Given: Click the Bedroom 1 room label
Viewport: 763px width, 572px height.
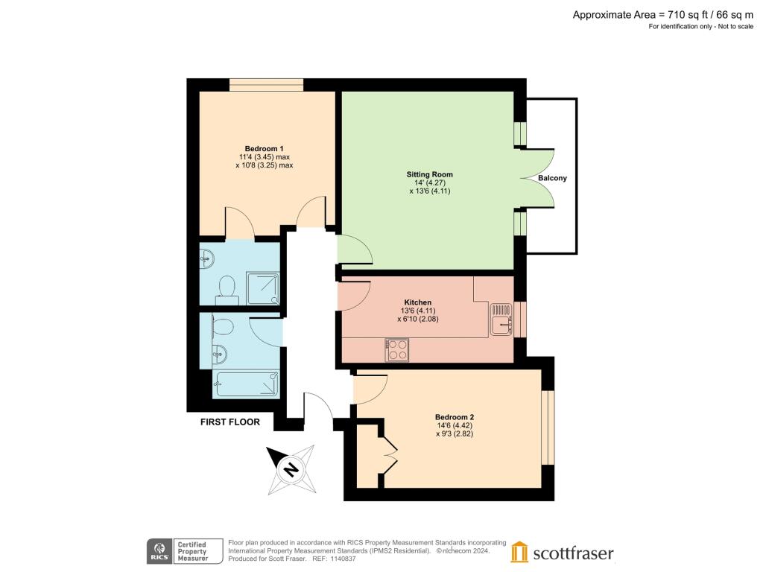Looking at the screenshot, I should (x=264, y=147).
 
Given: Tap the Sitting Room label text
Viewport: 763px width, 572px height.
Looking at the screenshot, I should (x=430, y=174).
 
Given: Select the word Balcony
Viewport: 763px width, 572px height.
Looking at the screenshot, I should (x=553, y=179).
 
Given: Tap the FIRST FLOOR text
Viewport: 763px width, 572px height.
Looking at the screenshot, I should (x=230, y=422).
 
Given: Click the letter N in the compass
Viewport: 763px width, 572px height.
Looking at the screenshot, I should (x=291, y=469).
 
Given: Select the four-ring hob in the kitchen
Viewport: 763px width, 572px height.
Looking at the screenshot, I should (x=396, y=349).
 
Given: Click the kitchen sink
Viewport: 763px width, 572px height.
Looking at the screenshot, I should (x=501, y=318).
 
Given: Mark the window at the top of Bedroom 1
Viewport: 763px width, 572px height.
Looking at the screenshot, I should (x=266, y=85).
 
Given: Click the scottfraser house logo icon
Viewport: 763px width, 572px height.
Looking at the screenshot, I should (x=519, y=552).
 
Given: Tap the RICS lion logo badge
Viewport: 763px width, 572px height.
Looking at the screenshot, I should (x=156, y=552).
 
